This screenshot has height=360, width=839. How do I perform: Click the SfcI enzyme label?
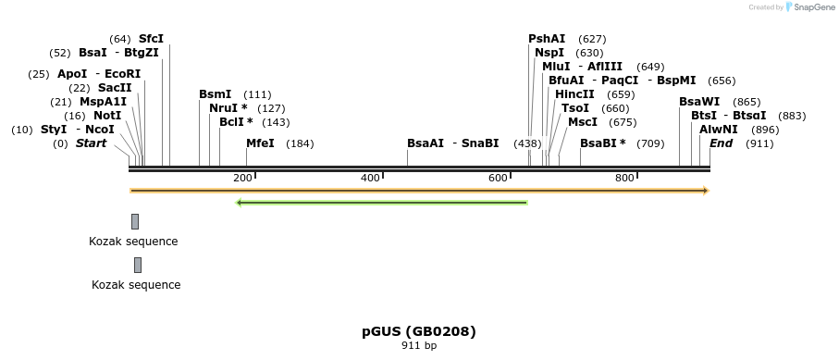coord(151,39)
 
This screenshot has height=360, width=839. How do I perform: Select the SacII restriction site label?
coord(115,88)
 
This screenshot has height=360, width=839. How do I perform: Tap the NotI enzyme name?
coord(107,116)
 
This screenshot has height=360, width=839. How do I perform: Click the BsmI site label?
coord(216,94)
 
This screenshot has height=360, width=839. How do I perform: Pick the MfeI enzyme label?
coord(260,143)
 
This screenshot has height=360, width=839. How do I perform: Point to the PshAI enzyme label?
coord(547,39)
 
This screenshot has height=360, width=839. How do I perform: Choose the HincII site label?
coord(574,94)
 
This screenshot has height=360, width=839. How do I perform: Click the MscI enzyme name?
coord(583,122)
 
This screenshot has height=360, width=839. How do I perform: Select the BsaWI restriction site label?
coord(699,102)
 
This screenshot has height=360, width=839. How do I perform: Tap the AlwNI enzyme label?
coord(719,130)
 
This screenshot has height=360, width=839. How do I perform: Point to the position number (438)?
coord(527,143)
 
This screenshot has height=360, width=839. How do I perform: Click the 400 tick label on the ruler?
coord(370,178)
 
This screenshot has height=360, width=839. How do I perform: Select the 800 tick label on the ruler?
coord(624,178)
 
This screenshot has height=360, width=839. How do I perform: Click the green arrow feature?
coord(382,203)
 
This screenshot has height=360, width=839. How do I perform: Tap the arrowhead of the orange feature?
coord(705,191)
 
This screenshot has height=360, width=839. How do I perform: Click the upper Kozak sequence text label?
coord(133,242)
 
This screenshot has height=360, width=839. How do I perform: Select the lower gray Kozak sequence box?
coord(138,265)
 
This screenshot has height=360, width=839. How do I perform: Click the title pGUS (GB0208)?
coord(419,330)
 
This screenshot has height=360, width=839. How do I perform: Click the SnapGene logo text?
coord(812,7)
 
